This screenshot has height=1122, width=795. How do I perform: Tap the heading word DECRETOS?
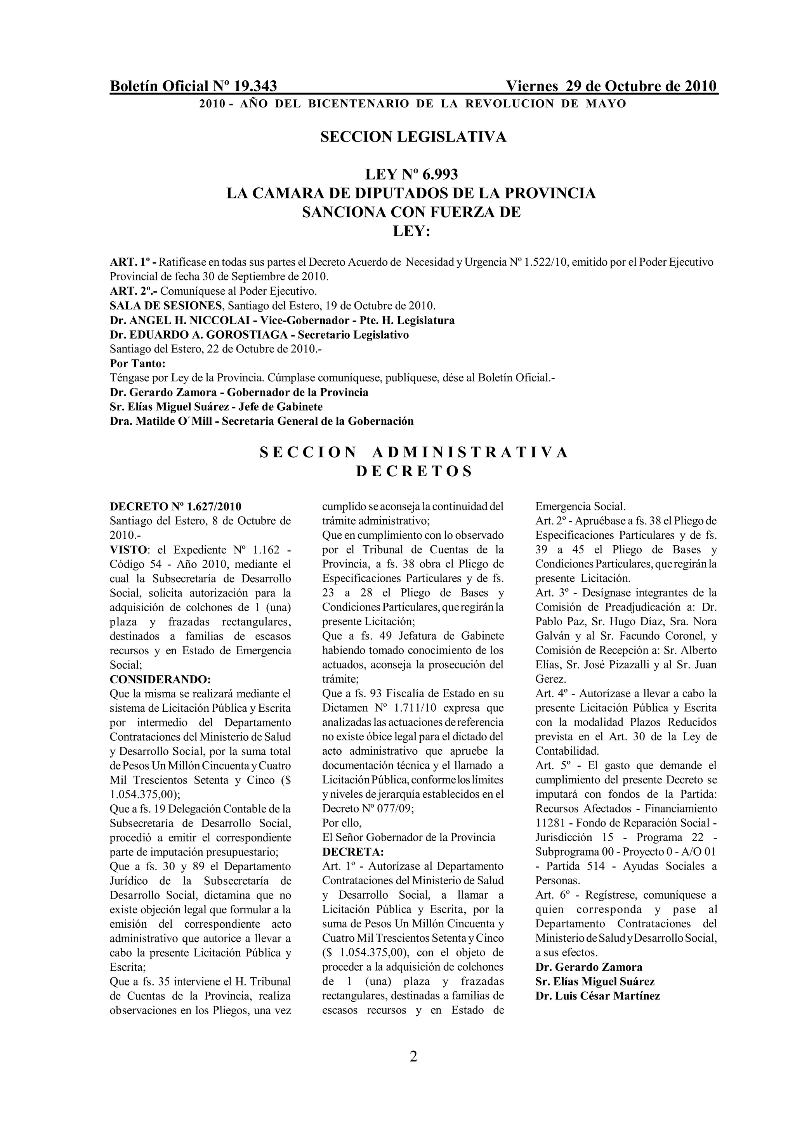coord(414,471)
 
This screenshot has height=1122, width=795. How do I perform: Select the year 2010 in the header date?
coord(700,86)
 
